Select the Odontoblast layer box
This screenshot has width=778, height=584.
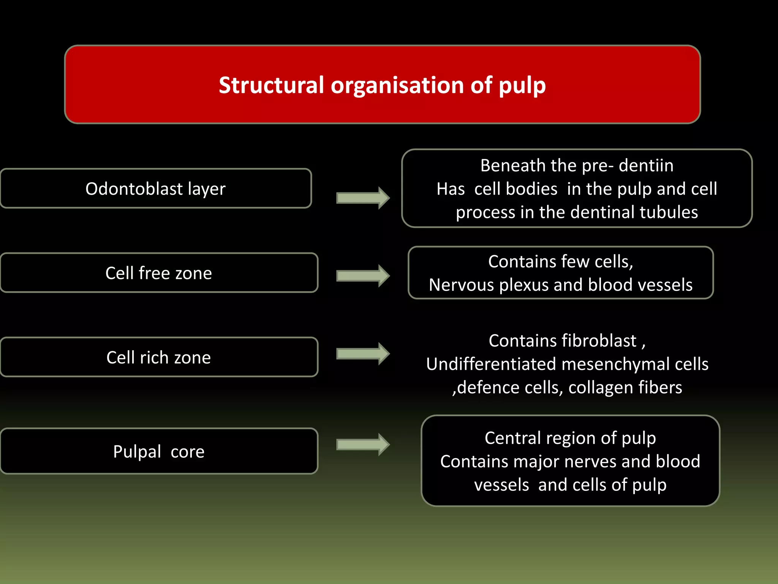tap(156, 189)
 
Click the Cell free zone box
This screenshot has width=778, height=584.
tap(159, 273)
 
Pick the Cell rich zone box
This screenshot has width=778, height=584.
tap(159, 357)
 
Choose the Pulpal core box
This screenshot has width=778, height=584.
tap(159, 451)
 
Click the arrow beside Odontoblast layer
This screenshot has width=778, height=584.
tap(363, 198)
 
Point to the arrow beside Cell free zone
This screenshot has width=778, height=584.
tap(363, 276)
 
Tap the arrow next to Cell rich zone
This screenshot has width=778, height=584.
tap(363, 354)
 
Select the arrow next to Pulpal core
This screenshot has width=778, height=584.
tap(363, 444)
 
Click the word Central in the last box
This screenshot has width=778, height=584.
tap(512, 438)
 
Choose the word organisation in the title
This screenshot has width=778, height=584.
tap(397, 86)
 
